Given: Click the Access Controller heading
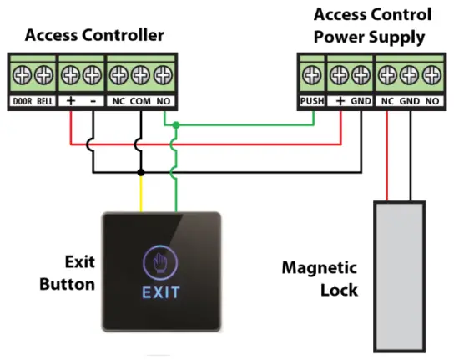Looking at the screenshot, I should coord(94,35).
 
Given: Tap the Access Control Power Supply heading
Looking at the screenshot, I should coord(373,25).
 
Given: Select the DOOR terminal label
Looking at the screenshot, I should coord(21,102).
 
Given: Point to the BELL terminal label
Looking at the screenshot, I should coord(43,102).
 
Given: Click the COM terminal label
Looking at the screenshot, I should coord(139,102).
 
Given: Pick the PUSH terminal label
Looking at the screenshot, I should coord(310,102).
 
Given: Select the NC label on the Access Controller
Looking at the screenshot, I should coord(119,102).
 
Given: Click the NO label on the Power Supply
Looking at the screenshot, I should coord(431,102).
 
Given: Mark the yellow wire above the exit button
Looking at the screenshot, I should coord(140,194).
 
